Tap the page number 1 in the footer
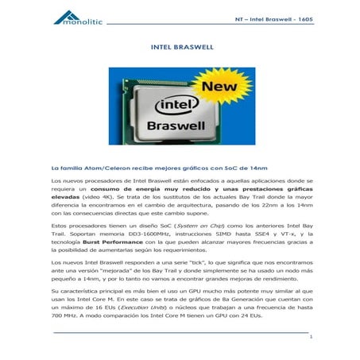[x=311, y=337]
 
